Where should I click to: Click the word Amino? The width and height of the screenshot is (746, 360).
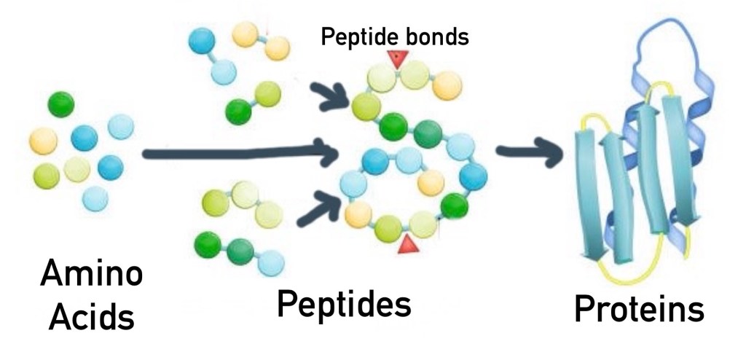[x=91, y=276]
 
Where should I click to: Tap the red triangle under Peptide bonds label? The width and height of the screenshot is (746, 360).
[x=396, y=60]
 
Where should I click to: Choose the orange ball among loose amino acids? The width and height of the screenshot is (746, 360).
[x=43, y=139]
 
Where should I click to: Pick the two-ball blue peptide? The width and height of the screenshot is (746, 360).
[x=212, y=54]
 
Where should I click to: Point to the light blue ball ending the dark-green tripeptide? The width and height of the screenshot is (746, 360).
[x=271, y=261]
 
